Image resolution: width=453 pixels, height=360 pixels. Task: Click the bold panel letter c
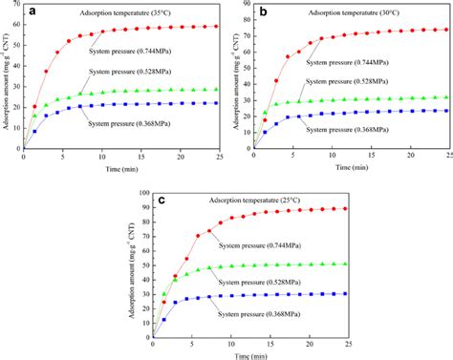pyautogui.click(x=164, y=201)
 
